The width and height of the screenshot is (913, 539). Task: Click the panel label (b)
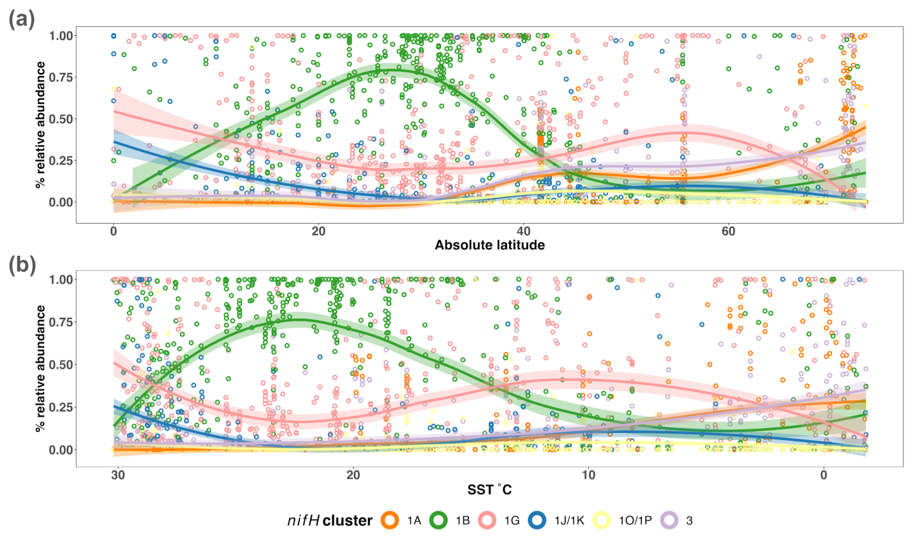coord(22,264)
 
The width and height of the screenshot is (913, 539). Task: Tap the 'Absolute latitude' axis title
coord(489,245)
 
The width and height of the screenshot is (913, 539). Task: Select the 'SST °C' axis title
coord(489,490)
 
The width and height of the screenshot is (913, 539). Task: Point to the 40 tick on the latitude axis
coord(523,231)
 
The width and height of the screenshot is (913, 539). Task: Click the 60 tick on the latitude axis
coord(728,231)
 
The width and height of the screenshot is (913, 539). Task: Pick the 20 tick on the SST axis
coord(353,475)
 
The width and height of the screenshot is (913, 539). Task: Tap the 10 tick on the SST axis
coord(588,475)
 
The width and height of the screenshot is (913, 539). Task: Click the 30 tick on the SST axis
coord(118,475)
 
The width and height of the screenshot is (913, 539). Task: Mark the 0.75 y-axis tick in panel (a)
coord(61,78)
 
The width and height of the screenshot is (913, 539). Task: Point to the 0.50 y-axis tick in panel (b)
coord(61,365)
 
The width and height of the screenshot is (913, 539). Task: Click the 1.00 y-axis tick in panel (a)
coord(61,36)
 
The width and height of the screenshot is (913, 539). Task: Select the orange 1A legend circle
coord(390,521)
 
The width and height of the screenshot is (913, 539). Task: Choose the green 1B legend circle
coord(439,521)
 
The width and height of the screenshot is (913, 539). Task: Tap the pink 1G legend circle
coord(487,521)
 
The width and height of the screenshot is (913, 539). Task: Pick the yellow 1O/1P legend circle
coord(601,521)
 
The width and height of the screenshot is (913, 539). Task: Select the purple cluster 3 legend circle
coord(670,521)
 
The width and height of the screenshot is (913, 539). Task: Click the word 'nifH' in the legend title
coord(303,521)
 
